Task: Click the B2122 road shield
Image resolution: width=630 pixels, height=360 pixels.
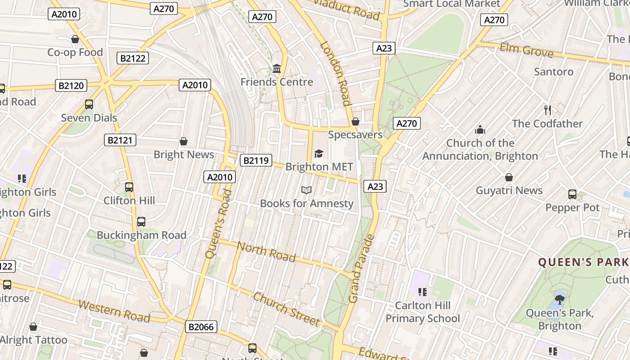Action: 133,58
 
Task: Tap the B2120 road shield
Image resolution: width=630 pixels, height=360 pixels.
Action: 71,85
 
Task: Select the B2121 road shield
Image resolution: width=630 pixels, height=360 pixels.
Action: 120,140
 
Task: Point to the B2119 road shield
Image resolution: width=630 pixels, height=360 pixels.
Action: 256,160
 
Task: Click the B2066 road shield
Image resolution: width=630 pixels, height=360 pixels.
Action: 201,327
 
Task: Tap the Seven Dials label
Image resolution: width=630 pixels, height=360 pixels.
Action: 89,118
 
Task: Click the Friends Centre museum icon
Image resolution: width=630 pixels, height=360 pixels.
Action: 277,69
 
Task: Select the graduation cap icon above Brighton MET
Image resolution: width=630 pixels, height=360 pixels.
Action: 319,154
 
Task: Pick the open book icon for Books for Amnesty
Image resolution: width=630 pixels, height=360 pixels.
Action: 306,190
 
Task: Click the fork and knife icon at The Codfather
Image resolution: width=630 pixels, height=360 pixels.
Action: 547,110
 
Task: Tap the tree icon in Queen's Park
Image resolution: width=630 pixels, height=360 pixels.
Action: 560,298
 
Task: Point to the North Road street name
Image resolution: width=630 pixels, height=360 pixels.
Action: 266,252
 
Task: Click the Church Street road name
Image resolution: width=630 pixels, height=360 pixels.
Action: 286,309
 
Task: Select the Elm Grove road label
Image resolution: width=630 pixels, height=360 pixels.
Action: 526,50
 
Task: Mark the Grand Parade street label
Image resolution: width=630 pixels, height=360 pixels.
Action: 361,269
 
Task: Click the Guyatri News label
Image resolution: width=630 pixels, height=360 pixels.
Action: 509,190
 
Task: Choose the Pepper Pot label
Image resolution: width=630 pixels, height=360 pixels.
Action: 572,207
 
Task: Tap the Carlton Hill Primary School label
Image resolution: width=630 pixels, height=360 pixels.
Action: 423,312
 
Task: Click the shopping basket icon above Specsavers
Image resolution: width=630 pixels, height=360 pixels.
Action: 355,121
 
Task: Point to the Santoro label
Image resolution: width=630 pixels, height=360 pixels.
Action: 553,72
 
